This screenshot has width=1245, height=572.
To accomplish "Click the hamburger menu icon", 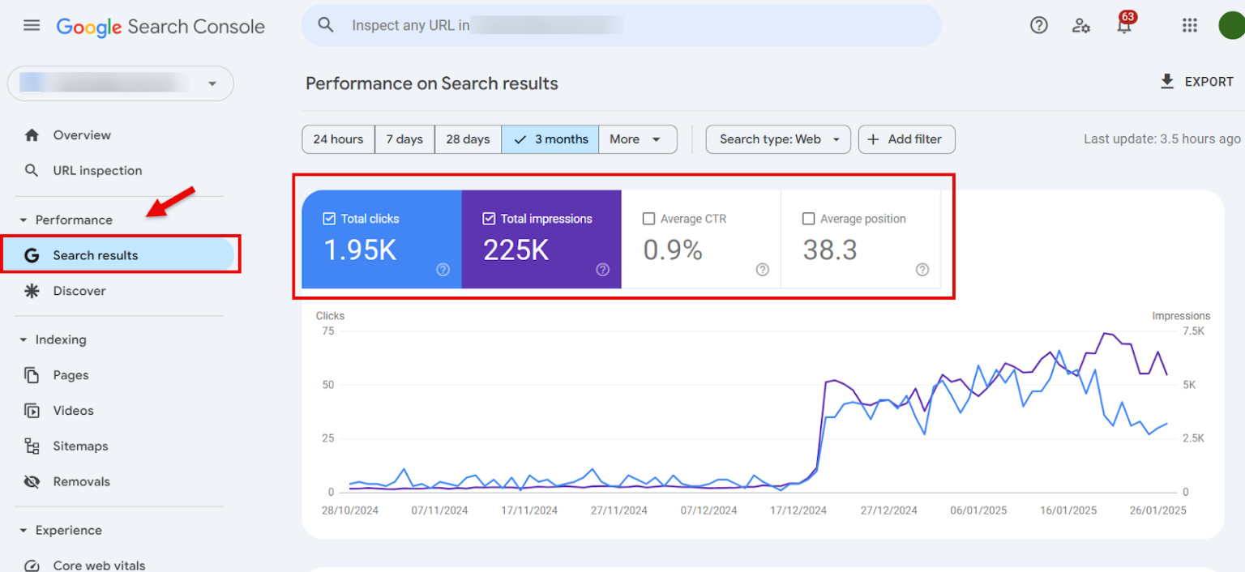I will click(32, 26).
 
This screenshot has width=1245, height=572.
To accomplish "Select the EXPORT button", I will click(1196, 82).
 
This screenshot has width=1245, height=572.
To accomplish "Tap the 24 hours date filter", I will click(338, 139).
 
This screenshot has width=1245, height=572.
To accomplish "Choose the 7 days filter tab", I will click(404, 139).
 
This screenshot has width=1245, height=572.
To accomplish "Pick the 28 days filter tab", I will click(468, 139).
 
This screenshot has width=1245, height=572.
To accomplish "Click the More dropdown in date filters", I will click(637, 139).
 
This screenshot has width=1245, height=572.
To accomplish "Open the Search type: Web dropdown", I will click(777, 139).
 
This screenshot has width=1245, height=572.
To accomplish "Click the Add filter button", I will click(906, 139).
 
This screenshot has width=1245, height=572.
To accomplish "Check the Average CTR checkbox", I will click(648, 219).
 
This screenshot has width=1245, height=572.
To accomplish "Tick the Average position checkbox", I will click(808, 219).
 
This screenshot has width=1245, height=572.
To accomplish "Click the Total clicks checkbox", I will click(329, 219).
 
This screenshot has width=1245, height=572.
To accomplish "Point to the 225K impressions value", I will click(516, 250).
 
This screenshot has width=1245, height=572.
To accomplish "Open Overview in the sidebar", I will click(82, 135).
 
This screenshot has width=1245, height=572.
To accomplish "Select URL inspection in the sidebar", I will click(97, 171).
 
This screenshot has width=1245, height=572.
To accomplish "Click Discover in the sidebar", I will click(79, 291).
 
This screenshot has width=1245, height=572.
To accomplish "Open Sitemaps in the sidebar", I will click(80, 446).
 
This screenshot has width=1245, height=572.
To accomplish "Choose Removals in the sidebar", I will click(81, 482).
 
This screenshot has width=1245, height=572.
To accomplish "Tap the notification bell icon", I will click(1124, 26).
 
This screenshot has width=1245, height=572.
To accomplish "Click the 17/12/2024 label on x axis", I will click(798, 510).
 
